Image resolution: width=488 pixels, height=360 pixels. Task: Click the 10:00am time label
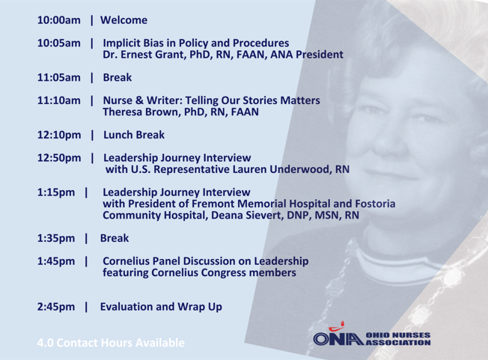[59, 20]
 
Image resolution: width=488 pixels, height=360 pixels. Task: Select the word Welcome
[123, 20]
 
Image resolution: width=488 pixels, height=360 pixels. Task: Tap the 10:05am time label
[59, 43]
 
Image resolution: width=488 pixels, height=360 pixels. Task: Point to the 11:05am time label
[59, 78]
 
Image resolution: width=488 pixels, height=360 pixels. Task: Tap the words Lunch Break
[134, 135]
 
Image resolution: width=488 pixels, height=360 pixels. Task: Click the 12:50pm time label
[59, 158]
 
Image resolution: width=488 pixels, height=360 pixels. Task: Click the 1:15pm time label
[56, 192]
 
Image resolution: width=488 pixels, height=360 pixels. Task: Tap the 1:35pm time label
[56, 238]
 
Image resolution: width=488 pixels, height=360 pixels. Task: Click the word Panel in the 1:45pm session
[166, 261]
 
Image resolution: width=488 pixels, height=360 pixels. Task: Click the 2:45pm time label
[56, 307]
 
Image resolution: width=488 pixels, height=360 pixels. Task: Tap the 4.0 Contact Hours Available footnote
[111, 343]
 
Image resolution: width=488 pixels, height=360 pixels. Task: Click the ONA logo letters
[338, 338]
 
